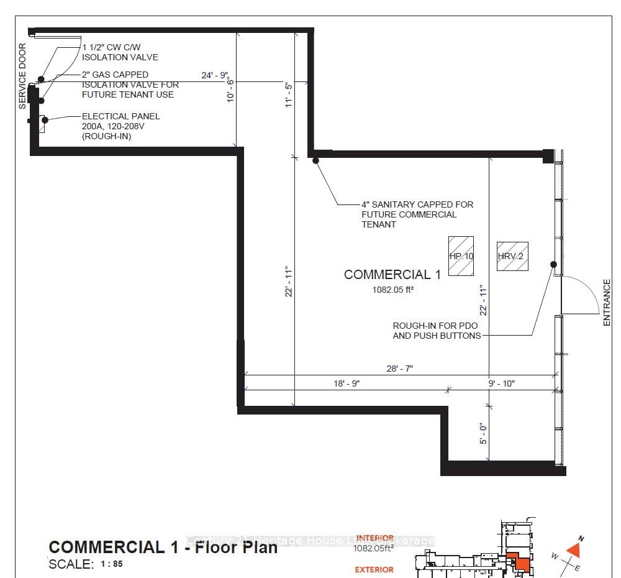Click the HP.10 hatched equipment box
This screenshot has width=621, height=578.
[x=461, y=256]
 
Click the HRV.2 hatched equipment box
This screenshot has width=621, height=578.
[x=512, y=256]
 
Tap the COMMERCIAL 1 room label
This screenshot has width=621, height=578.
[x=392, y=275]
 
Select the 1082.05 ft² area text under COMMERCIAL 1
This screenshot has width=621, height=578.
[x=392, y=289]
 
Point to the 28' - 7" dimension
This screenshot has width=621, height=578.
[x=400, y=369]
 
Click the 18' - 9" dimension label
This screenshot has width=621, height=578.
[x=347, y=383]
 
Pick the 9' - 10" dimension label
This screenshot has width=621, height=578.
[x=502, y=383]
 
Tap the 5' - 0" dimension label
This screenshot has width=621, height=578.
[x=484, y=433]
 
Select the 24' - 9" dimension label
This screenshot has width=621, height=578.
[x=215, y=75]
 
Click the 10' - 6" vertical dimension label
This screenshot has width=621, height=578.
[x=230, y=89]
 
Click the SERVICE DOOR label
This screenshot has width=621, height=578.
[x=22, y=76]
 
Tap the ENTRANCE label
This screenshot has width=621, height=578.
[x=607, y=303]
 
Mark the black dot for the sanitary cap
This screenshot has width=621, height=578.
[x=315, y=161]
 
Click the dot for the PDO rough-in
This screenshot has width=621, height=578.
[x=553, y=264]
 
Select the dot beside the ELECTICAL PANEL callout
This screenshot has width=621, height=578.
[x=45, y=119]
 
